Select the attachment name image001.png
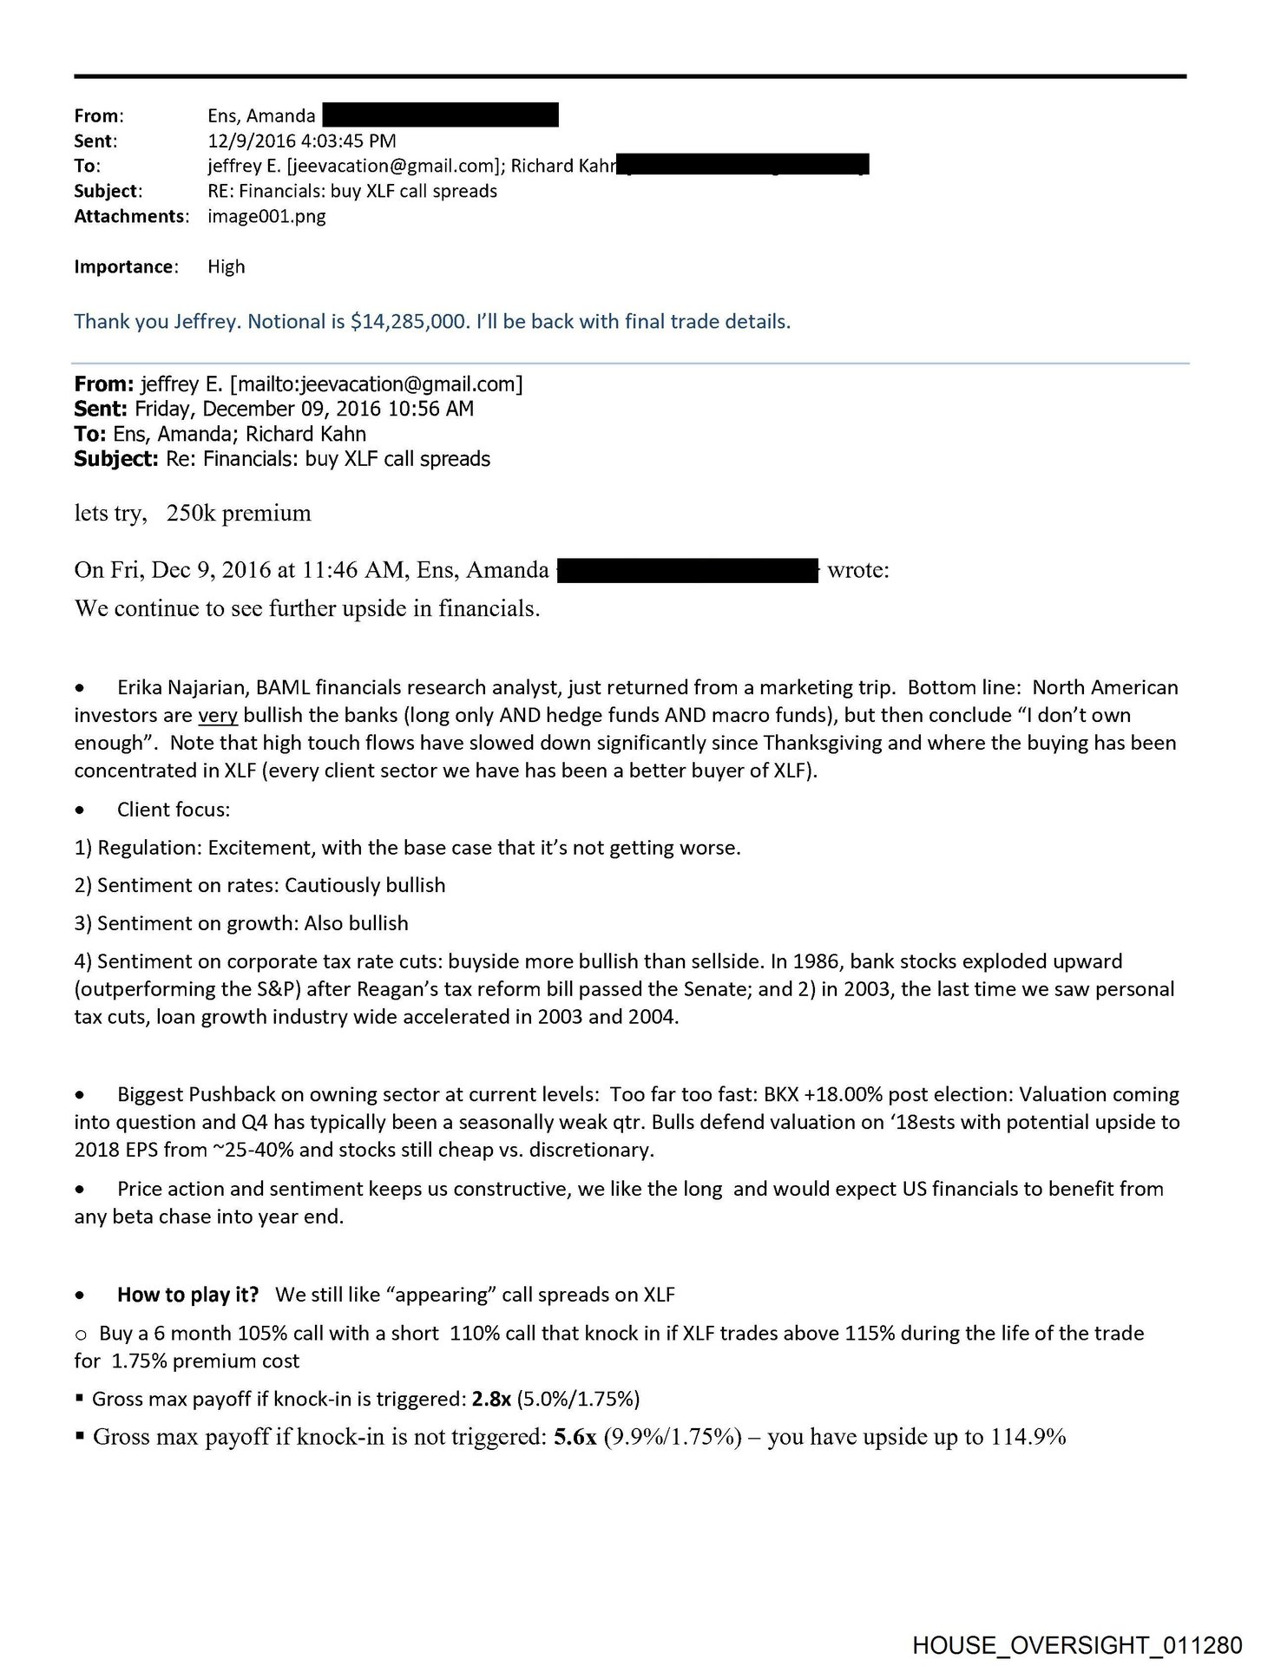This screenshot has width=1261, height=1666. [266, 216]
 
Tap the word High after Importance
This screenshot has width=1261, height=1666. [226, 266]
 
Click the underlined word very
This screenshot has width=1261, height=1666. [218, 716]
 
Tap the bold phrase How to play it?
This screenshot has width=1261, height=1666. [187, 1295]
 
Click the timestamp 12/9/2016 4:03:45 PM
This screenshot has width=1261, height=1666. [301, 141]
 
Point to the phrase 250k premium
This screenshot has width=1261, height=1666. [239, 513]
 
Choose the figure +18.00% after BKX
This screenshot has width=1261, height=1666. [855, 1095]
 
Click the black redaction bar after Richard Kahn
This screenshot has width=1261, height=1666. [746, 165]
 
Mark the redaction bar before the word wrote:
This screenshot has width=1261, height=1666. [686, 570]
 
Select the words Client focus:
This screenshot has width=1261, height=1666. [174, 810]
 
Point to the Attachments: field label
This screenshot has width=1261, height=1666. [131, 216]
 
